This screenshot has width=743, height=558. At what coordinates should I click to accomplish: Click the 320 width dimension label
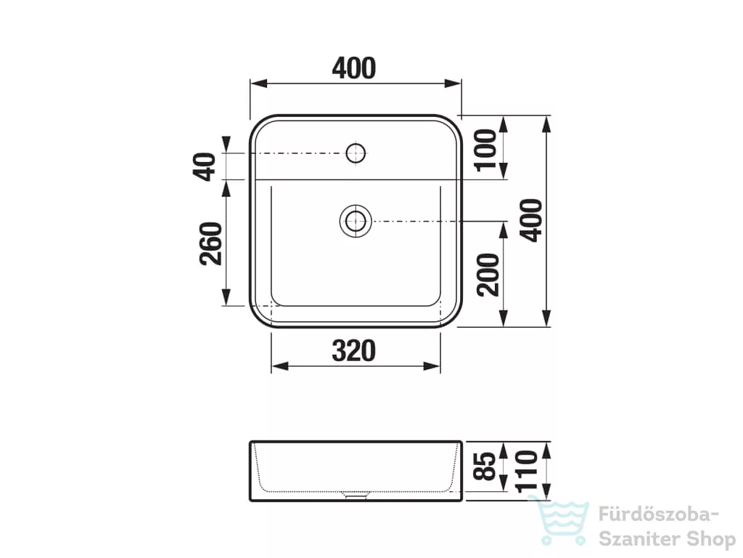point(353,351)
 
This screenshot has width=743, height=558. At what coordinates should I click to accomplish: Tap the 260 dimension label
point(211,243)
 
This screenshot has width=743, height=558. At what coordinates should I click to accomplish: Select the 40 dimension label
point(204,166)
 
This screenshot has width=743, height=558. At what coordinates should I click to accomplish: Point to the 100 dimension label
point(485,150)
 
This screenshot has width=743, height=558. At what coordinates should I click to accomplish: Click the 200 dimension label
point(488,275)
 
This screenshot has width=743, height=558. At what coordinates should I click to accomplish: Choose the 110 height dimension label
point(527,471)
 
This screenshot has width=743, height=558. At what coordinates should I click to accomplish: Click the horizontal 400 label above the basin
point(354,68)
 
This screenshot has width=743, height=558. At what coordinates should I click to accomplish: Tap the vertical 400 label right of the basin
point(530,221)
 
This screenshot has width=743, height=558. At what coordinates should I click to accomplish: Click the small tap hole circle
point(356,153)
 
